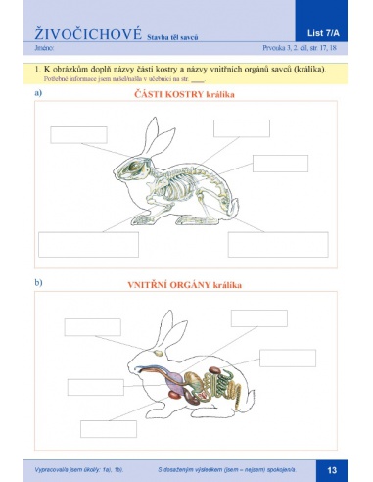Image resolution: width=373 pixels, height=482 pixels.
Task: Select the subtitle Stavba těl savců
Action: [x=174, y=36]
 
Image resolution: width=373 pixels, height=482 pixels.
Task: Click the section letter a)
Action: [x=38, y=93]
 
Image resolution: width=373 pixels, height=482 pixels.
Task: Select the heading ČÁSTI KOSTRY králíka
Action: [x=186, y=95]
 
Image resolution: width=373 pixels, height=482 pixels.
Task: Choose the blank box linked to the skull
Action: [x=74, y=243]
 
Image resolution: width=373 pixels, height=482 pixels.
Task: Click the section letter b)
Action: [x=38, y=284]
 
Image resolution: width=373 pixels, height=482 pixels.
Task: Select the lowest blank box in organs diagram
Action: [x=108, y=427]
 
